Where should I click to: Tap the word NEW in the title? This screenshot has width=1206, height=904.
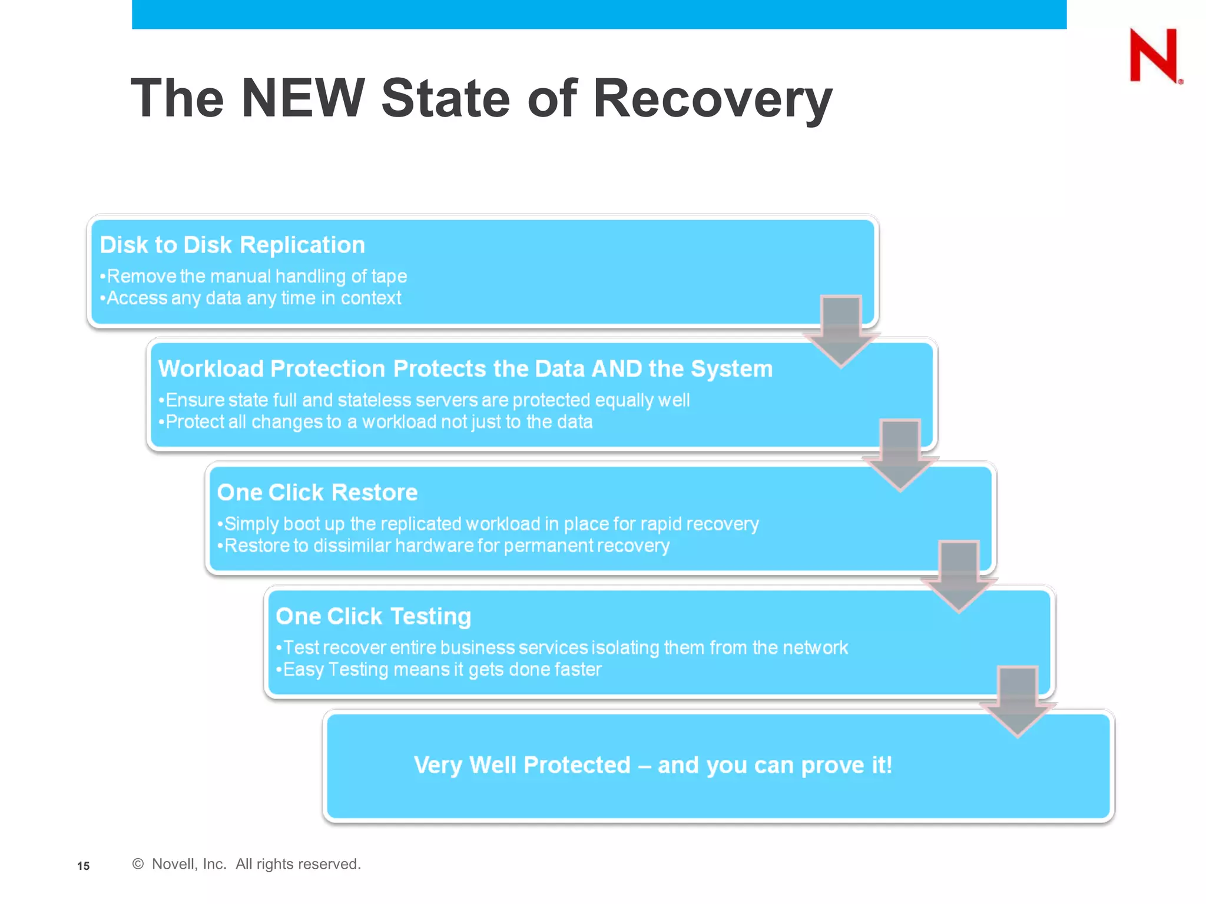coord(303,98)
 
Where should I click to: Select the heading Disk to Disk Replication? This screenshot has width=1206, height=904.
coord(233,245)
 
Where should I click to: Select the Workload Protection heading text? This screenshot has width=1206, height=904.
coord(465,368)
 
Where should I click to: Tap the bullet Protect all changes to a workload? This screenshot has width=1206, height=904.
coord(377,422)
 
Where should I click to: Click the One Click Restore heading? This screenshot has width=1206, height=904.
coord(317,493)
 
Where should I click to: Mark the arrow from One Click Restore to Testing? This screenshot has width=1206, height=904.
coord(959,576)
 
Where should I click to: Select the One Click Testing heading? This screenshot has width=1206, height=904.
coord(373,616)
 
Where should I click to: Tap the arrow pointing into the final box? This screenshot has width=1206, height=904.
coord(1018,700)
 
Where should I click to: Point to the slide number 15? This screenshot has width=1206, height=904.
coord(84,866)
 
